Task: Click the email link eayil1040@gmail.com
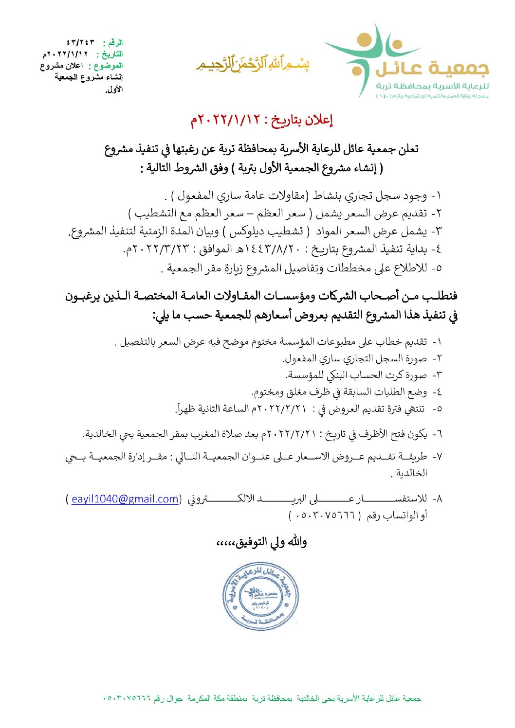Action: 125,499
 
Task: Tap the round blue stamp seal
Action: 260,596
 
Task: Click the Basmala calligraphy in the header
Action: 253,64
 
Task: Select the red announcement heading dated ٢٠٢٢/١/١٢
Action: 261,120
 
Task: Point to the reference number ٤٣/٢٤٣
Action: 80,43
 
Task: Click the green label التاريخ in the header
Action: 110,54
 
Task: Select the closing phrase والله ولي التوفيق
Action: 262,542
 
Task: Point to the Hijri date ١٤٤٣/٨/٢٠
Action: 271,249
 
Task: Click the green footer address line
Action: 262,698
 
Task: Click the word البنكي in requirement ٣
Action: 329,375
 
